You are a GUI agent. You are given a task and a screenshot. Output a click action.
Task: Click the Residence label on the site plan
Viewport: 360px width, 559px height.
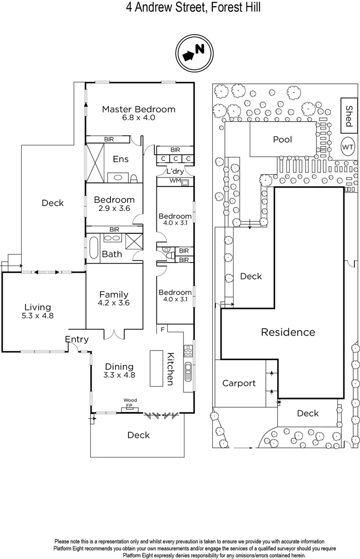tap(287, 332)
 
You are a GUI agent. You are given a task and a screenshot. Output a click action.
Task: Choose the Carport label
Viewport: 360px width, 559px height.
tap(239, 384)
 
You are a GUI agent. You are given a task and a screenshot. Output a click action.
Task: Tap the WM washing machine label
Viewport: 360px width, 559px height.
tap(175, 181)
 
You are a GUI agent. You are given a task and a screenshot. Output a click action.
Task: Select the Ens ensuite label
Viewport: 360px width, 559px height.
tap(121, 159)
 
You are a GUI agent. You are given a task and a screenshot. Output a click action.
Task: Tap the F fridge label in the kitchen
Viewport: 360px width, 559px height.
tap(162, 330)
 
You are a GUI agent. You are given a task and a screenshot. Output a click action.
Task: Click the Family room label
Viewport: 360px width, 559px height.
tap(114, 295)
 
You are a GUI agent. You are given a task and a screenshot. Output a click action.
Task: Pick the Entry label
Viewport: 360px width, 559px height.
tap(77, 340)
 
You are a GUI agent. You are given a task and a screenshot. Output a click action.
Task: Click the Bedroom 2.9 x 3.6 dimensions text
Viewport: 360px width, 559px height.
tap(114, 209)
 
